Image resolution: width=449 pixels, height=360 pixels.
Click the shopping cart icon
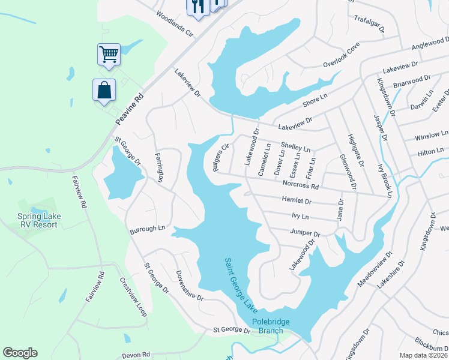click(109, 54)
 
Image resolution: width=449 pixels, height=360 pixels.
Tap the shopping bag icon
click(104, 91)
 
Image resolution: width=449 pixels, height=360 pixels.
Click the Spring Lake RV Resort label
click(37, 220)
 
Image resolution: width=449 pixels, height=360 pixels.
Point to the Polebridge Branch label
click(270, 326)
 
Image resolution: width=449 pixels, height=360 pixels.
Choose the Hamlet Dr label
click(297, 202)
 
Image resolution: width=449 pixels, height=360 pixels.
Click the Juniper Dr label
click(304, 233)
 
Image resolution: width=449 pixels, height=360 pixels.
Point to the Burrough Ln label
click(147, 229)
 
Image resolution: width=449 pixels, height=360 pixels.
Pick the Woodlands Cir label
click(176, 23)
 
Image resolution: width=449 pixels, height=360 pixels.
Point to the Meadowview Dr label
click(383, 269)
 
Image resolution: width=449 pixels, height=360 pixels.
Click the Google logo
click(20, 353)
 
